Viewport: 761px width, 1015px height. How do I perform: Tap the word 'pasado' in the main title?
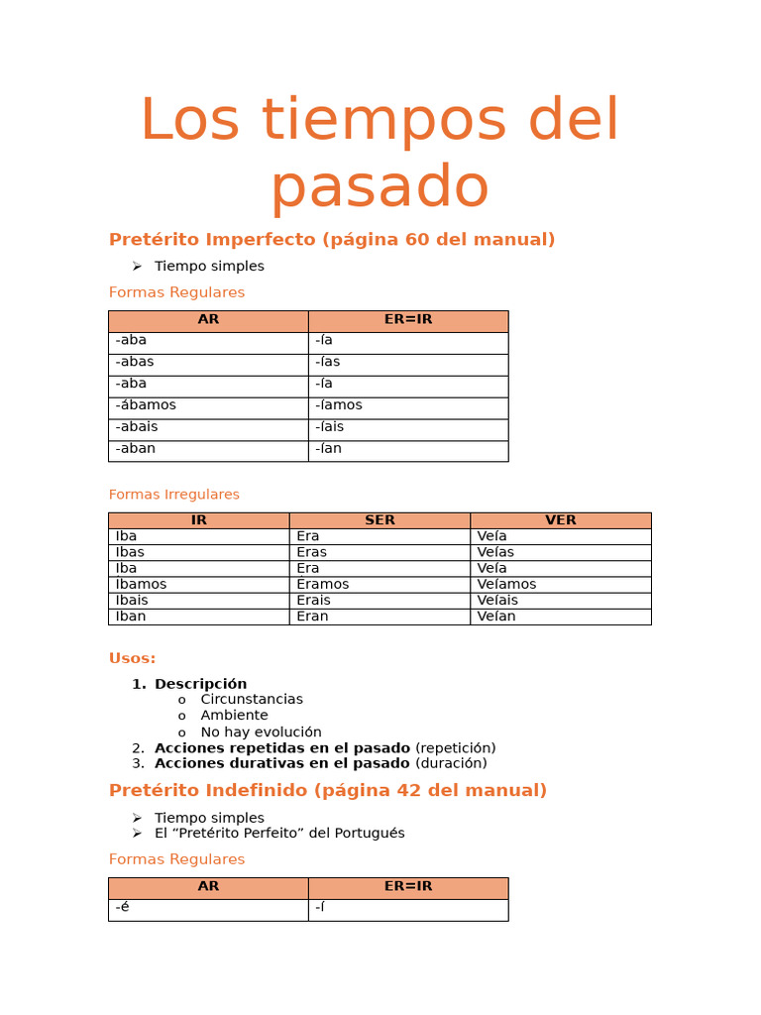pyautogui.click(x=380, y=186)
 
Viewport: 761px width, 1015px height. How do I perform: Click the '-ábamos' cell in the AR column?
pyautogui.click(x=146, y=405)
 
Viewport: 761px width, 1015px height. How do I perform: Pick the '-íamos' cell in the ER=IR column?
pyautogui.click(x=339, y=405)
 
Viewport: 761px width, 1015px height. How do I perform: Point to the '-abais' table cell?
pyautogui.click(x=137, y=427)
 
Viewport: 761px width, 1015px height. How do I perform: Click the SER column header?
pyautogui.click(x=380, y=520)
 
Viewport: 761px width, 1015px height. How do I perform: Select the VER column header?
pyautogui.click(x=560, y=520)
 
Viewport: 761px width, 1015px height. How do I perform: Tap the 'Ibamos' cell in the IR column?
pyautogui.click(x=141, y=585)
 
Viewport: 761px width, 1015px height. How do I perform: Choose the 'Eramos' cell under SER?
pyautogui.click(x=323, y=585)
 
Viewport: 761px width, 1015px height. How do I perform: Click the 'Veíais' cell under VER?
pyautogui.click(x=497, y=601)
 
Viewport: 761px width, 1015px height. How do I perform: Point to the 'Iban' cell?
pyautogui.click(x=131, y=617)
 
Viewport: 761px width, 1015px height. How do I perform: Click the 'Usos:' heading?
pyautogui.click(x=132, y=658)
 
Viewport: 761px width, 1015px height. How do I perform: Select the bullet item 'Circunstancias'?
pyautogui.click(x=252, y=700)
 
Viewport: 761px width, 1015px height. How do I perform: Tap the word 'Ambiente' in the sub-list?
pyautogui.click(x=234, y=716)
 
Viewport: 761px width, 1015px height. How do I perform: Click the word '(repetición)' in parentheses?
pyautogui.click(x=455, y=748)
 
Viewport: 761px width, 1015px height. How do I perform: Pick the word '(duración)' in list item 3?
pyautogui.click(x=451, y=763)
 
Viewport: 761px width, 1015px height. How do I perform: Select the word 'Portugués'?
pyautogui.click(x=371, y=834)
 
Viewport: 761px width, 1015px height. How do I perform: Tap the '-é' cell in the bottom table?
pyautogui.click(x=123, y=907)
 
